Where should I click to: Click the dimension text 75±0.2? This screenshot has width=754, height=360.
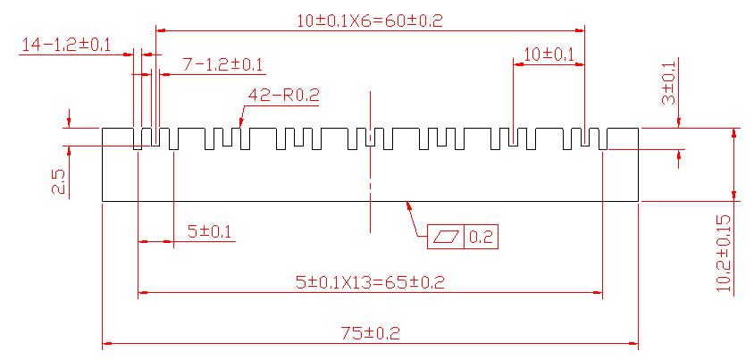click(x=371, y=333)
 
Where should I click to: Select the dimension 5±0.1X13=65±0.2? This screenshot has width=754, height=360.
click(x=370, y=283)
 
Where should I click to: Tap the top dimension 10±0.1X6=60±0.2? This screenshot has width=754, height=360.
click(x=371, y=20)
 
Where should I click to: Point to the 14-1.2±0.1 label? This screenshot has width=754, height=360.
click(x=65, y=45)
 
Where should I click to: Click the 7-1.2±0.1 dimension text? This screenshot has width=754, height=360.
click(x=222, y=64)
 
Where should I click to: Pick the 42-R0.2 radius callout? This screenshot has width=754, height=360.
click(x=283, y=94)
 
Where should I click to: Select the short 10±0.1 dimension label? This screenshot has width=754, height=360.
click(x=548, y=54)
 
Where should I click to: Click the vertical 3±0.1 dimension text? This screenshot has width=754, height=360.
click(x=668, y=83)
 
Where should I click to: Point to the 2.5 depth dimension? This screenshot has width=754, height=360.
click(x=59, y=182)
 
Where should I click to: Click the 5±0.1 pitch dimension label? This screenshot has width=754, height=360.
click(x=209, y=232)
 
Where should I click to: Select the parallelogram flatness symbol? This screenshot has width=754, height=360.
click(x=445, y=237)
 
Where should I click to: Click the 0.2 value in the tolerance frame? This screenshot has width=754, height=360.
click(x=481, y=237)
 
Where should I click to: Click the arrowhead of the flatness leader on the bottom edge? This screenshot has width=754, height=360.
click(x=407, y=205)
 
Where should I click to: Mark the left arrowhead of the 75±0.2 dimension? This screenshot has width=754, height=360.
click(x=107, y=343)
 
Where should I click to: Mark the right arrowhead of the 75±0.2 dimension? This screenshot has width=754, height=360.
click(x=634, y=343)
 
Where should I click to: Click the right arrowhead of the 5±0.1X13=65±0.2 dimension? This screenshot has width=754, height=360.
click(x=599, y=292)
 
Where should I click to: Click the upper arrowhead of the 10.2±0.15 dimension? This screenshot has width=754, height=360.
click(x=733, y=132)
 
